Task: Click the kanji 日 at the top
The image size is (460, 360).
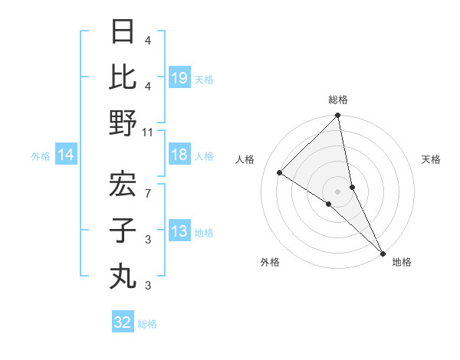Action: pyautogui.click(x=123, y=34)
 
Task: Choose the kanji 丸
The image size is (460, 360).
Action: pyautogui.click(x=123, y=274)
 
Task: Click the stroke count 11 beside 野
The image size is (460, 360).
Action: pyautogui.click(x=148, y=132)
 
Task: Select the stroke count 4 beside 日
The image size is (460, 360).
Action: pyautogui.click(x=148, y=40)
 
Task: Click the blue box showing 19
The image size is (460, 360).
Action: pyautogui.click(x=179, y=77)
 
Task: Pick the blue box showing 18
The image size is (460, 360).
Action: pyautogui.click(x=179, y=155)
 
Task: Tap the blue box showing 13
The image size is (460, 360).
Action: pyautogui.click(x=179, y=231)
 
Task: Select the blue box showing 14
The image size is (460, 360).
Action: pyautogui.click(x=66, y=155)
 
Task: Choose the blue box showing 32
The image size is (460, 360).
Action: pyautogui.click(x=123, y=322)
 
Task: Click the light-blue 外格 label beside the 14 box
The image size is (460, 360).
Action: pyautogui.click(x=41, y=156)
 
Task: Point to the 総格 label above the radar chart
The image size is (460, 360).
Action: pyautogui.click(x=338, y=100)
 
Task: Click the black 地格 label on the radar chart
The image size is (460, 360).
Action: pyautogui.click(x=402, y=262)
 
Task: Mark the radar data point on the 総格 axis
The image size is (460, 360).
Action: pyautogui.click(x=337, y=116)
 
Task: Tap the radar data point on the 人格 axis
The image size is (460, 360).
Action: pyautogui.click(x=280, y=173)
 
